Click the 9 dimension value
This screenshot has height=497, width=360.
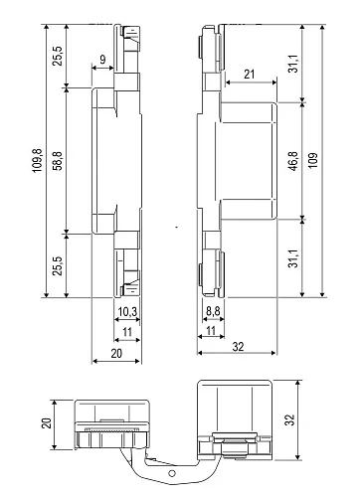(x=103, y=60)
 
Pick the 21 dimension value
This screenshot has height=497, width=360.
(x=248, y=72)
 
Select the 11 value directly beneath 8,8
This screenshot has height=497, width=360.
(x=212, y=330)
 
